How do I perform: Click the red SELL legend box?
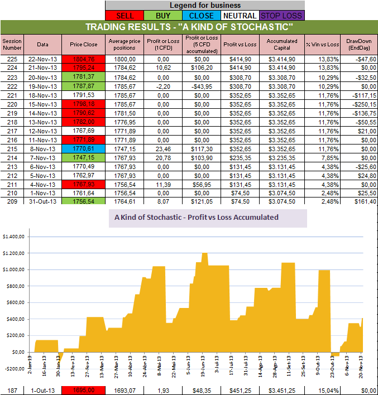[x=125, y=16]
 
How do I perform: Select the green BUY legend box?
[x=164, y=16]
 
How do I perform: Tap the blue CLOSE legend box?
[x=203, y=16]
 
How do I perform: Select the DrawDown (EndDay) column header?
[x=357, y=44]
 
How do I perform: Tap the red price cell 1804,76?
[x=83, y=59]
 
